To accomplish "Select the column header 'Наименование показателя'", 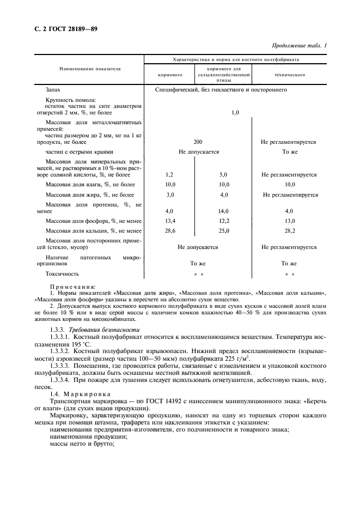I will pos(90,70).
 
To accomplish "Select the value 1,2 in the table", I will pos(169,175).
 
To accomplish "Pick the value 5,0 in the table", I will pos(223,175).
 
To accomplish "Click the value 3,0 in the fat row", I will pos(169,195).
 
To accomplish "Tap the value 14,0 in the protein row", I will pos(223,211).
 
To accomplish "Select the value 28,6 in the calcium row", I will pos(169,231).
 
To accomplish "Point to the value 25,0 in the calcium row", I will pos(223,231).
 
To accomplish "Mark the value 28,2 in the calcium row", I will pos(289,231).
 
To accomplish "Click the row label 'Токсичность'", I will pos(62,274).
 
